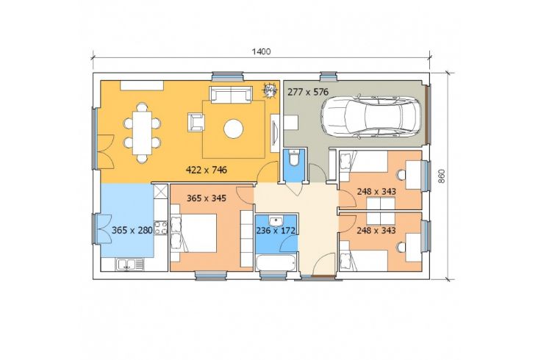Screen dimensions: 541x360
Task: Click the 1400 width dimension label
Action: (x=261, y=51)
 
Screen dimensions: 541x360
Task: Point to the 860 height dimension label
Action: (x=442, y=176)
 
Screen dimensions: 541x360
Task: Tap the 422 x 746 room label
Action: (x=207, y=170)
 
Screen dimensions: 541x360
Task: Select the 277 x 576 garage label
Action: (x=308, y=92)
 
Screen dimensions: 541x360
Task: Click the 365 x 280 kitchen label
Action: (x=132, y=230)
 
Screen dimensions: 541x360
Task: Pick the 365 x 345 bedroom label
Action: (x=207, y=198)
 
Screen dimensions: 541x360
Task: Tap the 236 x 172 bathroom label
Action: (x=276, y=230)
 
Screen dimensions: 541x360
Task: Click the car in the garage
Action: (x=371, y=117)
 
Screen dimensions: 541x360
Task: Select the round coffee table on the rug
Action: (x=234, y=129)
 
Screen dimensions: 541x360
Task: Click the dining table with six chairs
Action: (x=142, y=133)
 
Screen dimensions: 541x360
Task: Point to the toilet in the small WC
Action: (x=293, y=157)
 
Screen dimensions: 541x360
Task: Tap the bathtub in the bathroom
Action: (x=276, y=263)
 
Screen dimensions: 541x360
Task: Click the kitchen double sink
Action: (x=129, y=264)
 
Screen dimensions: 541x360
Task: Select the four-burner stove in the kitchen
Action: (x=160, y=228)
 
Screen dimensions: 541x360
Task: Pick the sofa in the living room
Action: (x=230, y=95)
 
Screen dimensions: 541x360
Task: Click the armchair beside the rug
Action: (x=196, y=123)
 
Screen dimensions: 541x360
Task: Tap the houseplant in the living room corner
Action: (x=270, y=90)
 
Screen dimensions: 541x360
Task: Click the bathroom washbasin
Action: (x=276, y=220)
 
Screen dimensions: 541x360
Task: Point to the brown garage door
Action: (x=427, y=114)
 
